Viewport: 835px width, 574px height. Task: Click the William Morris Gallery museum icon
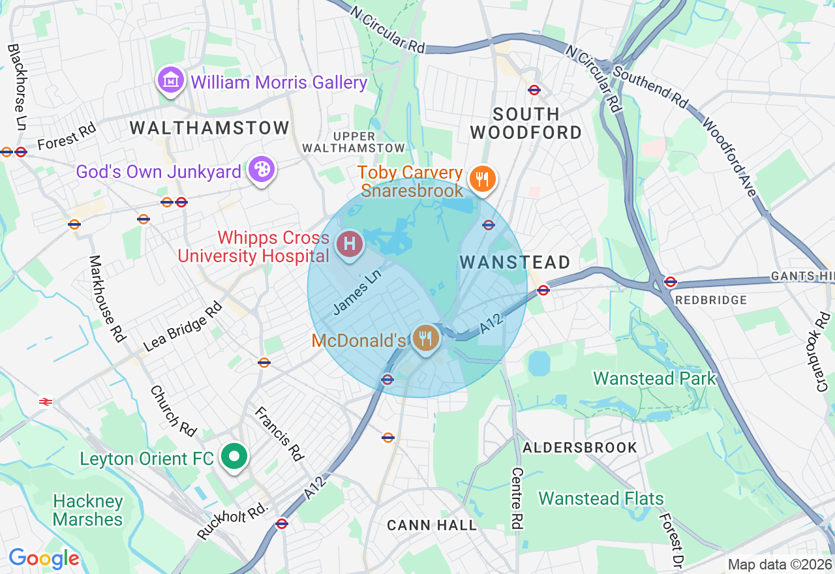171,81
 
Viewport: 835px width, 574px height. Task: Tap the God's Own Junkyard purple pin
262,170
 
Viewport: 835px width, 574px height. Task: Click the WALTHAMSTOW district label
209,128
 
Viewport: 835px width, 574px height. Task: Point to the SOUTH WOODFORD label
526,123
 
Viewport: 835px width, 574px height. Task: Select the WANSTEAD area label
515,263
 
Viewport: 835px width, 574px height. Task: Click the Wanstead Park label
654,378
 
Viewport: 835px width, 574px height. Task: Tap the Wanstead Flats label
601,499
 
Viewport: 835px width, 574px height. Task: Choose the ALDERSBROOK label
580,447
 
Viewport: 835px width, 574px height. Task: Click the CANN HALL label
432,525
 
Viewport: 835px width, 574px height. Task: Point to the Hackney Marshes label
87,510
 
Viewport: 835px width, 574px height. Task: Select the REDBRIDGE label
711,300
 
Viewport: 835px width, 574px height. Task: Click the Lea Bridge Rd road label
183,326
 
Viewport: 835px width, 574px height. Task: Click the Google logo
44,558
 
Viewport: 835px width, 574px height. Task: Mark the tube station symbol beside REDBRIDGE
670,282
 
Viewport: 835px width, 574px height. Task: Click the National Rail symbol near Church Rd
46,402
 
